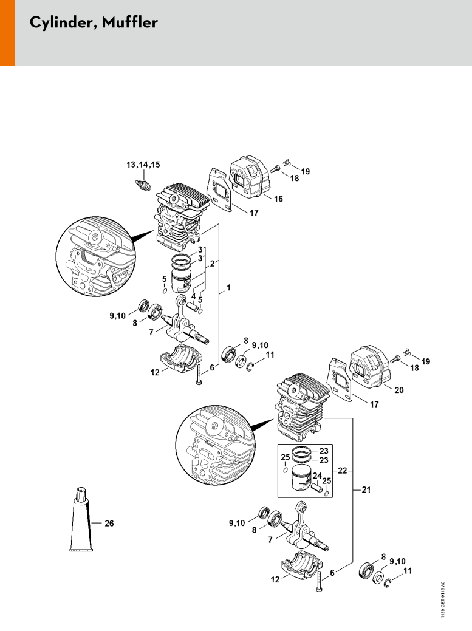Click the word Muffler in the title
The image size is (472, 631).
pyautogui.click(x=129, y=22)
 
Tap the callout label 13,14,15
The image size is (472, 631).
pyautogui.click(x=143, y=165)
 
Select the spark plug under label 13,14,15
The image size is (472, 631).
pyautogui.click(x=143, y=185)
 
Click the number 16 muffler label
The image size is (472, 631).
pyautogui.click(x=278, y=199)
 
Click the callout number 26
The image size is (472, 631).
pyautogui.click(x=109, y=523)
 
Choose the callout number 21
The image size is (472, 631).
pyautogui.click(x=366, y=489)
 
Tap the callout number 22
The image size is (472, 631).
pyautogui.click(x=342, y=471)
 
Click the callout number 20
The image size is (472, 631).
pyautogui.click(x=398, y=389)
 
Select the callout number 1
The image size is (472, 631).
pyautogui.click(x=228, y=287)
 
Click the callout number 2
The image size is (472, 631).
pyautogui.click(x=212, y=264)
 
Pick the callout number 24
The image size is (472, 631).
pyautogui.click(x=317, y=477)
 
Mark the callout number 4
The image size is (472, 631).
pyautogui.click(x=193, y=296)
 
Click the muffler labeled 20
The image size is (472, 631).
pyautogui.click(x=369, y=367)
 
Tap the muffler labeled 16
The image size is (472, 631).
pyautogui.click(x=250, y=177)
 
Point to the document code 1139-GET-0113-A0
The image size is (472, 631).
pyautogui.click(x=443, y=599)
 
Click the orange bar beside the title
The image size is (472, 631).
pyautogui.click(x=7, y=33)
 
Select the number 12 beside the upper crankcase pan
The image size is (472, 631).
pyautogui.click(x=155, y=373)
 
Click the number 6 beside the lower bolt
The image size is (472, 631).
pyautogui.click(x=332, y=573)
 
